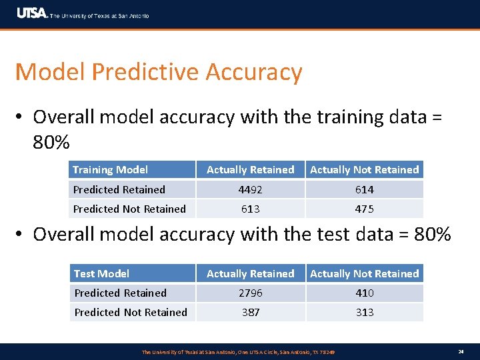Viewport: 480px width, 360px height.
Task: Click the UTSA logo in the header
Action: point(32,13)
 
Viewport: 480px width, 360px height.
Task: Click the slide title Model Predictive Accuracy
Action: point(159,72)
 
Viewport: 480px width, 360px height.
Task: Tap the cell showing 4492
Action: point(251,189)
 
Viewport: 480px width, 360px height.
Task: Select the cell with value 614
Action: point(364,189)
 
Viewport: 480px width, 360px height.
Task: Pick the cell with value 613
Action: point(251,209)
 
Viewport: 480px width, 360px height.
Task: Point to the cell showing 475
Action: point(364,209)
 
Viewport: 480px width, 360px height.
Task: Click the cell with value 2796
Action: point(251,293)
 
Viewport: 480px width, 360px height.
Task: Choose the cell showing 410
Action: point(364,293)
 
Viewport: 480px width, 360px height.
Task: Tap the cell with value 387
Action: point(251,312)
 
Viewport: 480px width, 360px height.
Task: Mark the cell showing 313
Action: point(364,312)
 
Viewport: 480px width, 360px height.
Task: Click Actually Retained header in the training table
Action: point(251,170)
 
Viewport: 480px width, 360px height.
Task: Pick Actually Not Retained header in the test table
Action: point(364,273)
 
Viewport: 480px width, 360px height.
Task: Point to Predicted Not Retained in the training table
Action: point(130,209)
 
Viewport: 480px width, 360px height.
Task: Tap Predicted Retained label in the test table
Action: point(121,293)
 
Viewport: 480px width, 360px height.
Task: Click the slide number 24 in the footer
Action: point(461,351)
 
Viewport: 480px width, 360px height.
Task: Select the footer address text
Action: point(238,351)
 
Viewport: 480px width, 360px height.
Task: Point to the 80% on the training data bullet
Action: point(51,143)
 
